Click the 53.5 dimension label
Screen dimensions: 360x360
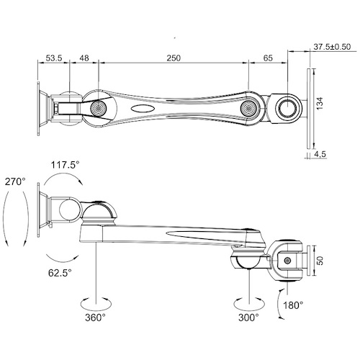click(x=54, y=58)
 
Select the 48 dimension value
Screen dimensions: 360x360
click(x=84, y=58)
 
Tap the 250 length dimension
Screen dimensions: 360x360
click(x=174, y=58)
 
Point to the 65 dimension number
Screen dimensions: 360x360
click(x=268, y=58)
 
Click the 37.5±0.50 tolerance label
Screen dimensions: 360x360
click(x=332, y=47)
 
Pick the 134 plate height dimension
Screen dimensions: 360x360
click(x=320, y=104)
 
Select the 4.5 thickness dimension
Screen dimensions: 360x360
click(x=320, y=154)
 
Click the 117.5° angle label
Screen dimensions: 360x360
click(x=65, y=165)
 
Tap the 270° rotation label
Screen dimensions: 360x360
click(x=15, y=181)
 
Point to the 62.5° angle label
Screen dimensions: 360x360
click(x=60, y=273)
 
